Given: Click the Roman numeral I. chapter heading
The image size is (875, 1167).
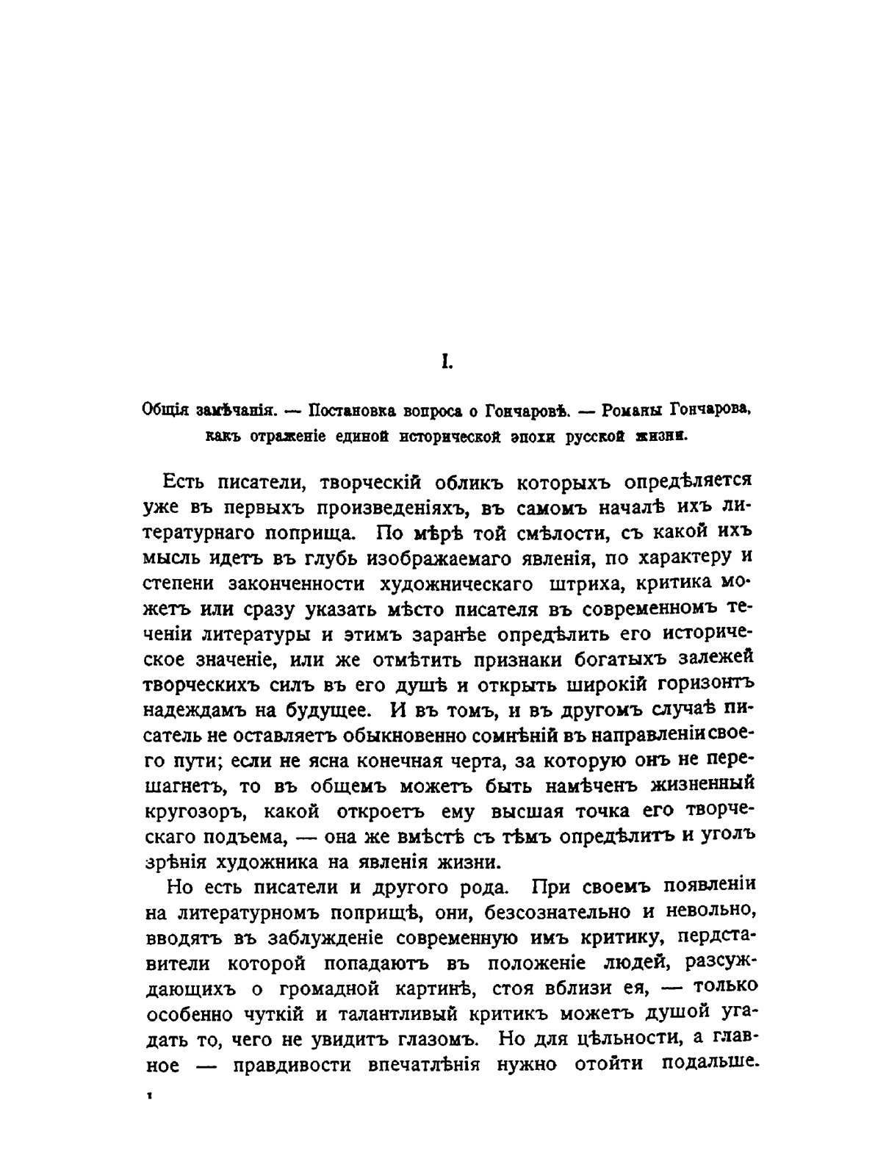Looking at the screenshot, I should (x=444, y=362).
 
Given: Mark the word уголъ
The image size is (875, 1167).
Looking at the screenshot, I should (x=726, y=836).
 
